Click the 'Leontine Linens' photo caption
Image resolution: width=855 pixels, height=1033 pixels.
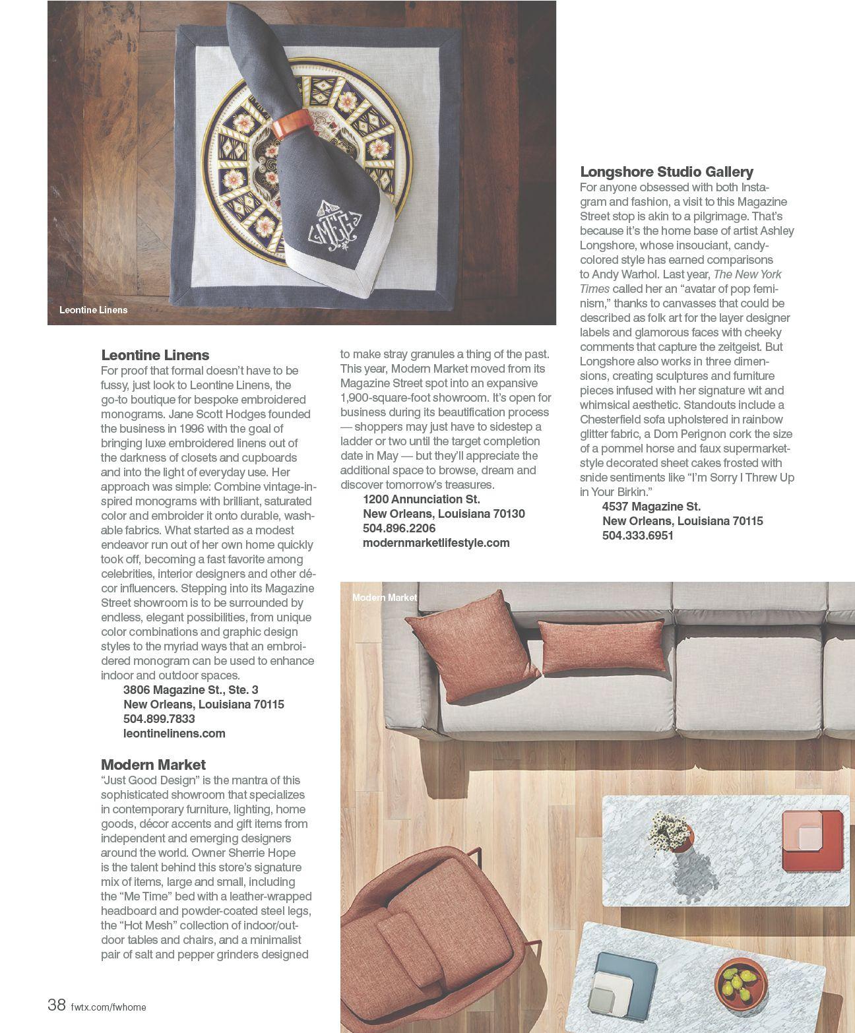point(93,309)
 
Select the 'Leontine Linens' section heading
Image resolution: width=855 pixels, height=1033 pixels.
point(155,355)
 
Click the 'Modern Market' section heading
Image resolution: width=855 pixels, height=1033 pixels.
point(153,765)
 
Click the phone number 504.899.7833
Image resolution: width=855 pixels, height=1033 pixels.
point(159,718)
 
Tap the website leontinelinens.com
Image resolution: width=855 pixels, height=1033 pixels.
point(174,733)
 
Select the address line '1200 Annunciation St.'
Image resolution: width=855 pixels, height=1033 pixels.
point(422,499)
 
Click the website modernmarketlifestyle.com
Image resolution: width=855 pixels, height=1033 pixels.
point(436,542)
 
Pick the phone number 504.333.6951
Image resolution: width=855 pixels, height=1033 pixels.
point(637,535)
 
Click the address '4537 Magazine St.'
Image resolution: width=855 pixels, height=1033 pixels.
point(651,506)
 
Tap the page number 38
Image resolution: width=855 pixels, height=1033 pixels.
point(57,1005)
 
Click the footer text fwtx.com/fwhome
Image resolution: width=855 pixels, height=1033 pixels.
point(108,1007)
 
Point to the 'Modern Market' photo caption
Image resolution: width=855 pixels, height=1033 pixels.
point(385,597)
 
